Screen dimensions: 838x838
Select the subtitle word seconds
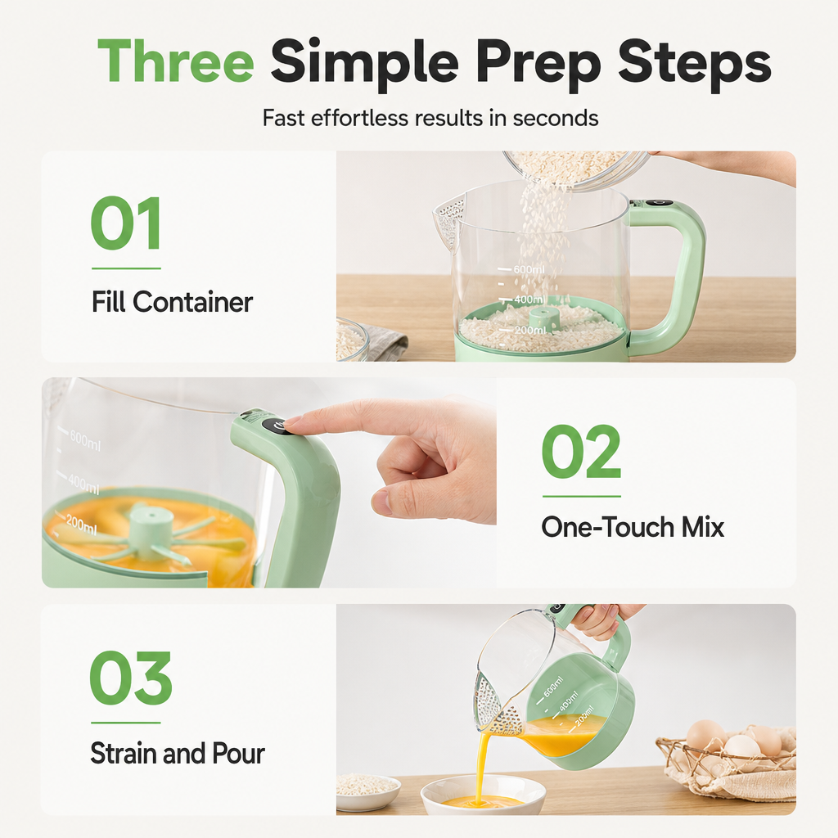tap(556, 118)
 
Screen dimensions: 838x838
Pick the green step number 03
tap(130, 678)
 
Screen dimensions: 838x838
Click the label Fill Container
tap(172, 302)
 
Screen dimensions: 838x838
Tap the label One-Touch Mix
tap(633, 528)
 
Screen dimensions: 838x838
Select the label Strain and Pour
tap(178, 754)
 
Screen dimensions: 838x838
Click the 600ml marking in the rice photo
tap(529, 269)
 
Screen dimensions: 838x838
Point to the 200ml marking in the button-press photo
tap(81, 526)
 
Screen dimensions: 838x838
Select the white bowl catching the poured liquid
tap(483, 795)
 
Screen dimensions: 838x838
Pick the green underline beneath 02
tap(582, 497)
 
